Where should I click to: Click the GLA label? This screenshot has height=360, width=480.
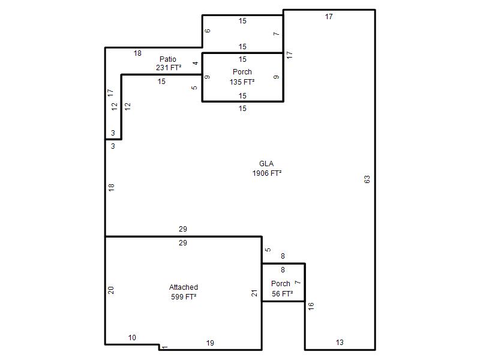point(266,163)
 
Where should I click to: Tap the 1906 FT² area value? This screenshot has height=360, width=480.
point(267,173)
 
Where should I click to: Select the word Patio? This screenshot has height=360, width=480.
point(168,59)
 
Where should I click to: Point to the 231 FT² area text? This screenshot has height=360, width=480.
point(169,67)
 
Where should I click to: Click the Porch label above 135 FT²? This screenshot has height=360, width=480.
point(242,71)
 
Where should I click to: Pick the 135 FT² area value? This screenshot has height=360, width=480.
point(242,82)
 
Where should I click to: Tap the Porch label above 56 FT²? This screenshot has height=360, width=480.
point(281,283)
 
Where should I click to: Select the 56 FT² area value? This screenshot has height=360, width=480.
point(282,293)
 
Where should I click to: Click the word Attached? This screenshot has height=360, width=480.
point(184,287)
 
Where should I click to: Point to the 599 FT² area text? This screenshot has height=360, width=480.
point(184,296)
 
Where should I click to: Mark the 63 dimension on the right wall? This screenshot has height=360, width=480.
point(367,179)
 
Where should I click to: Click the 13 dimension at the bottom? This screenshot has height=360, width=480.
point(340,342)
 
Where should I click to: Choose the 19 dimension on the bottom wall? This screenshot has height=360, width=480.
point(210,343)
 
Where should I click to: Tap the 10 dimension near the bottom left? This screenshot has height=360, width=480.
point(132,337)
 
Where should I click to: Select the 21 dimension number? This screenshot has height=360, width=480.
point(254,293)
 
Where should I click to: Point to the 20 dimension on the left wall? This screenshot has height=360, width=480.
point(111,290)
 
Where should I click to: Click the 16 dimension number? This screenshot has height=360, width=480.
point(311,306)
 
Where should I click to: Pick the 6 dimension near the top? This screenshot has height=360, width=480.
point(208,31)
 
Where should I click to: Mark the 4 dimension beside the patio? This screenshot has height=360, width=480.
point(196,63)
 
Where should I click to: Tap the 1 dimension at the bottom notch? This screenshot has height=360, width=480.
point(164,347)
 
